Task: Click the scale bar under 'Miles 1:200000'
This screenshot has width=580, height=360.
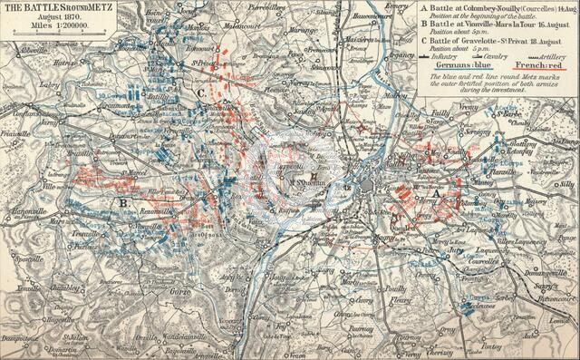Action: [45, 37]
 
